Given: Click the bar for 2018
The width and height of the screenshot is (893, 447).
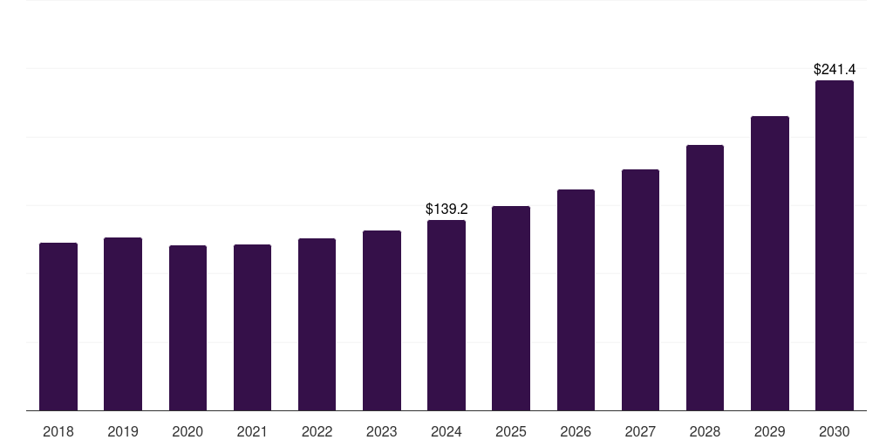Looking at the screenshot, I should coord(58,327).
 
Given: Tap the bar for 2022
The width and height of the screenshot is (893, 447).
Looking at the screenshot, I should coord(317,324).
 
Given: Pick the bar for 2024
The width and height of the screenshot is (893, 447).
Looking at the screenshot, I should coord(446,315).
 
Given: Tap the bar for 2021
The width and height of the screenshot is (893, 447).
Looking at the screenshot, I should coord(252,327).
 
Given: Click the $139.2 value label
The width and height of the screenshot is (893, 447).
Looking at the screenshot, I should coord(446,210).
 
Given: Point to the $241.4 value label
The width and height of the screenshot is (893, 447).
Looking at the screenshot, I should coord(834,69).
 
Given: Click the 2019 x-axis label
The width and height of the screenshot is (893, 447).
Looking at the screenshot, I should coord(123,431).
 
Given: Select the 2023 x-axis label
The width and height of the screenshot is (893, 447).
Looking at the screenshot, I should coord(382,431).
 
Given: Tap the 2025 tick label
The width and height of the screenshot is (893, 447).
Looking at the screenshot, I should coord(511,431).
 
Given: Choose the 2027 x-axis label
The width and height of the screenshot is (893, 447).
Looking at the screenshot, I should coord(640,431).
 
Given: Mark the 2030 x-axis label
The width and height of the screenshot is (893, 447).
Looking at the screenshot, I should coord(834,431).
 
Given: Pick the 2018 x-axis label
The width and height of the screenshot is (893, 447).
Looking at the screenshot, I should coord(58,431).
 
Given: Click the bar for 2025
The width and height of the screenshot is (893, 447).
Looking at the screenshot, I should coord(511,308).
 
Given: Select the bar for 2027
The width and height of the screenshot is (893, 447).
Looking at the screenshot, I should coord(640,290).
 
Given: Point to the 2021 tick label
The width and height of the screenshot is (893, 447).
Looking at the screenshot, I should coord(252,431).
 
